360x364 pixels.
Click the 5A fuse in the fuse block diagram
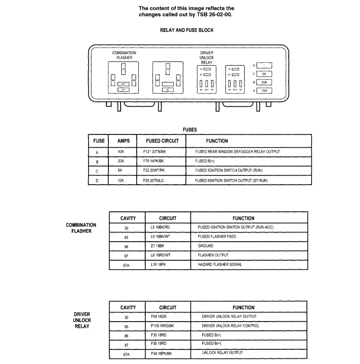pyautogui.click(x=264, y=74)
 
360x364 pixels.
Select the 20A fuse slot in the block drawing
pyautogui.click(x=264, y=82)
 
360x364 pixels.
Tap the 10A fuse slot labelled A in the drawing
pyautogui.click(x=264, y=91)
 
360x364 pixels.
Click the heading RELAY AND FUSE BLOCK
pyautogui.click(x=187, y=30)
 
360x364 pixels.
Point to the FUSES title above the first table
pyautogui.click(x=190, y=129)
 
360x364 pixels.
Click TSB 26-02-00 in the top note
pyautogui.click(x=218, y=14)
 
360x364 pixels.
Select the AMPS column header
pyautogui.click(x=124, y=141)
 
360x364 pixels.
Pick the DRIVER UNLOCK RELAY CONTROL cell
pyautogui.click(x=230, y=326)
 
